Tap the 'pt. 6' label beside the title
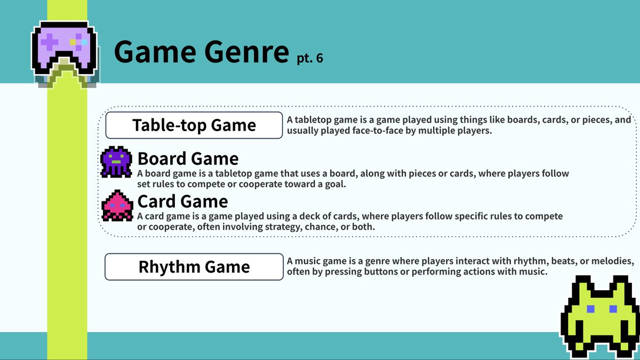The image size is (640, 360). pyautogui.click(x=310, y=58)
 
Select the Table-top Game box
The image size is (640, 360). pyautogui.click(x=194, y=125)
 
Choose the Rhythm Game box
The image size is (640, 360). pyautogui.click(x=194, y=267)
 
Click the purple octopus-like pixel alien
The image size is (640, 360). pyautogui.click(x=116, y=162)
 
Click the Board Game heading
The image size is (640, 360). pyautogui.click(x=188, y=158)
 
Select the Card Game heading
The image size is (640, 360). pyautogui.click(x=182, y=201)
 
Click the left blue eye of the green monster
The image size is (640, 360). pyautogui.click(x=590, y=309)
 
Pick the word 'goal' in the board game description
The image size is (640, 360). pyautogui.click(x=334, y=185)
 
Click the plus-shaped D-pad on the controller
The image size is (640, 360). pyautogui.click(x=50, y=41)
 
